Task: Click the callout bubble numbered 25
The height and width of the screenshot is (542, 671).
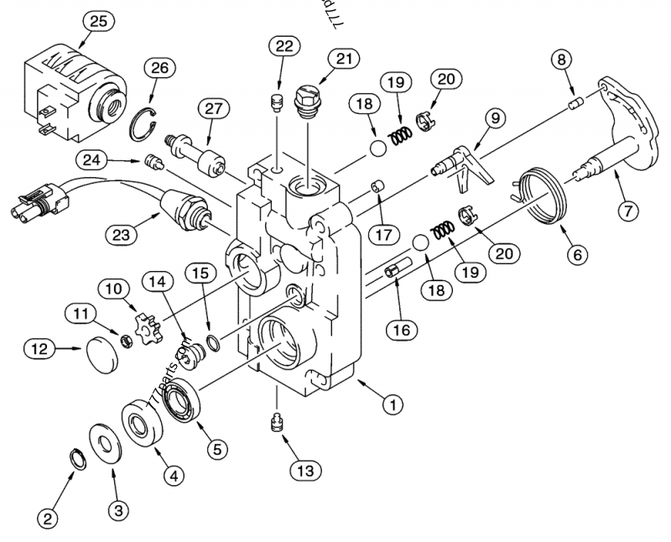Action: [x=98, y=22]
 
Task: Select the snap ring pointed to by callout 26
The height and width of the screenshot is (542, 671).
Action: [x=144, y=122]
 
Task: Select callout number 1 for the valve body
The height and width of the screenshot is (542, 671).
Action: [x=388, y=404]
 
